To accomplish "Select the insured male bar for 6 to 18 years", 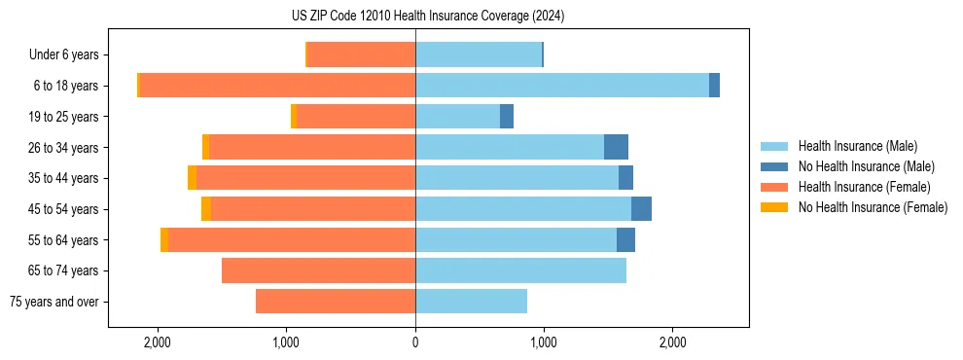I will [561, 86].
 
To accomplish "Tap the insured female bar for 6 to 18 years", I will [277, 86].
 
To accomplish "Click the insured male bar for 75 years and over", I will [471, 302].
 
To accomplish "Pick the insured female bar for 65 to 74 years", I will [318, 270].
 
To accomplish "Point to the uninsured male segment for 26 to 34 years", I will [616, 147].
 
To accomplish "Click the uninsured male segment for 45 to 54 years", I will [641, 209].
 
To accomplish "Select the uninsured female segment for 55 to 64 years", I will [164, 239].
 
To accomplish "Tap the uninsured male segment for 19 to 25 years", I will [507, 117].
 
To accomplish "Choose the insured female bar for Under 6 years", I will [361, 54].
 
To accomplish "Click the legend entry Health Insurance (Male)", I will [857, 146].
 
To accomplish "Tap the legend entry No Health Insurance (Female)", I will [873, 207].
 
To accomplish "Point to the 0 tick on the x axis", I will [415, 342].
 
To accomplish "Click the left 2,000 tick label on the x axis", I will [158, 342].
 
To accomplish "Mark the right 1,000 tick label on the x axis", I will [544, 342].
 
